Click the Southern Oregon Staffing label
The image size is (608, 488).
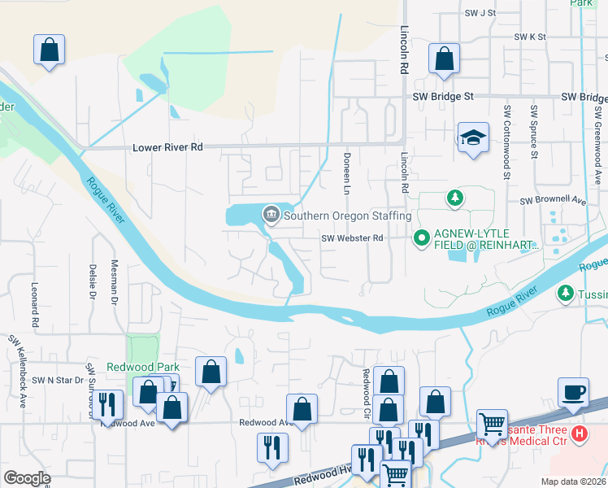347,216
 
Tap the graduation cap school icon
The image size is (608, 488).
471,137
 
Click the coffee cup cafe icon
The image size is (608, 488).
573,392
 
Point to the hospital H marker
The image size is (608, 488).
579,434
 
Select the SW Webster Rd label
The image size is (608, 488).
351,238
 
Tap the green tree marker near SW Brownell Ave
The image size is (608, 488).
455,198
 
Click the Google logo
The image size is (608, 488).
27,478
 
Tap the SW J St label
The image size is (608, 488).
480,13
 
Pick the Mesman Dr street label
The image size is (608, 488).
115,281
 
